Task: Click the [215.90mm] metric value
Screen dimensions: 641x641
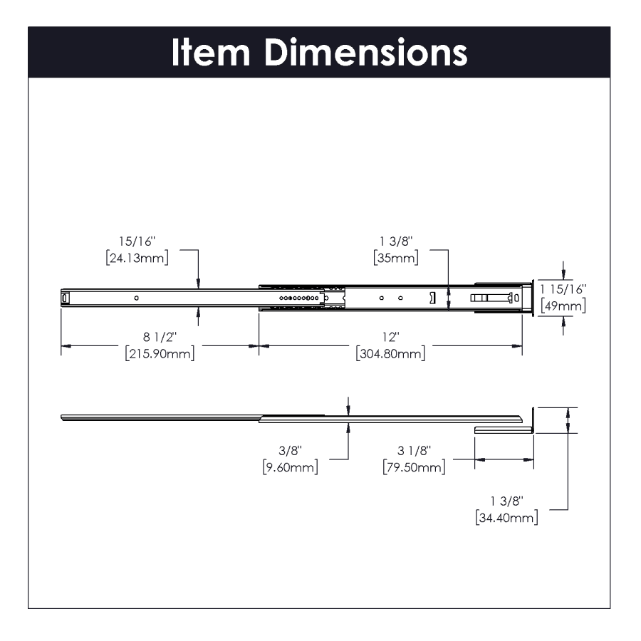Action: [159, 353]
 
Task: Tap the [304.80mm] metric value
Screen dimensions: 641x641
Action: [390, 353]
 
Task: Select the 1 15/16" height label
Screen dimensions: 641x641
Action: [563, 290]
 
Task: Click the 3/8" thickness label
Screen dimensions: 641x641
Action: [290, 451]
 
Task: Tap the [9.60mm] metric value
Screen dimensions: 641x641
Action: [290, 467]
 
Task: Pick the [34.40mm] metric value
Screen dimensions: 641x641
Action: [506, 518]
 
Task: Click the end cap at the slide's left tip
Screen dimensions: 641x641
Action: [66, 298]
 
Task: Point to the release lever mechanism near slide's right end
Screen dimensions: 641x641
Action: [492, 298]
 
